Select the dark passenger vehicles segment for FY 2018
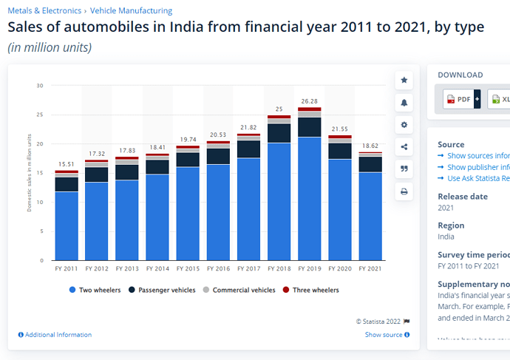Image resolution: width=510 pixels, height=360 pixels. point(279,132)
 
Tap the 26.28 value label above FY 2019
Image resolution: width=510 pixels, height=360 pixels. point(309,101)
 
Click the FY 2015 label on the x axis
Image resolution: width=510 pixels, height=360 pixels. point(188,268)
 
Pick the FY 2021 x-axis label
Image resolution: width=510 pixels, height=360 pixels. point(370,268)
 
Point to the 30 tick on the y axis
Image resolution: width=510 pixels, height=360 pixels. point(40,86)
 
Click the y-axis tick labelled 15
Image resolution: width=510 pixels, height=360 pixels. point(40,173)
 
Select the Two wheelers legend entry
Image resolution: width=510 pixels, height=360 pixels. point(95,291)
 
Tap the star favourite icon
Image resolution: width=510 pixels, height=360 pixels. point(404,80)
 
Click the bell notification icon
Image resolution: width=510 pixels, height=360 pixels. point(404,102)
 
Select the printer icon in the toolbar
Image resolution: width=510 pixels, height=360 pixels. point(404,191)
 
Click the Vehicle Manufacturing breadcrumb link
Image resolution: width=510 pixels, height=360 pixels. point(131,11)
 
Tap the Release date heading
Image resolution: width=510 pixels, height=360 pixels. point(463,197)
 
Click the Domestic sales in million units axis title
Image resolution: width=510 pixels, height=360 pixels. point(30,173)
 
